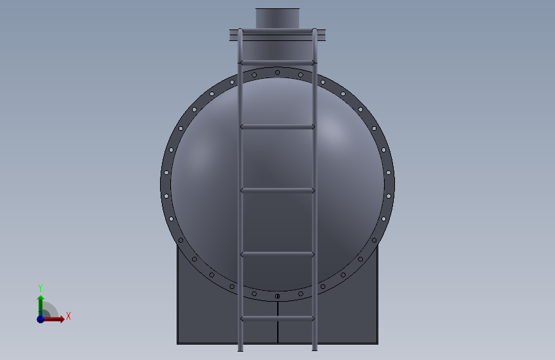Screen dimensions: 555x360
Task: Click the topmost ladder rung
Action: [277, 63]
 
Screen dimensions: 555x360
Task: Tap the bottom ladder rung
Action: [277, 318]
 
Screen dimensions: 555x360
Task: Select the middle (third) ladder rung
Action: [277, 191]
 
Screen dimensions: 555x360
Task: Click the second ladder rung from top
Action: [277, 127]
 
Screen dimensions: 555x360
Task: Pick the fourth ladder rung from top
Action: [277, 254]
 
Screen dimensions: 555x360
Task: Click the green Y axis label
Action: [40, 288]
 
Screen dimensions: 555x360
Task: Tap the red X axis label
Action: [68, 316]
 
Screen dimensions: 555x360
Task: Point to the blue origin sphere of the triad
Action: [41, 319]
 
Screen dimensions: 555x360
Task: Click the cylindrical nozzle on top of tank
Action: [278, 19]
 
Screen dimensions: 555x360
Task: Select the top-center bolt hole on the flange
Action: [278, 72]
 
